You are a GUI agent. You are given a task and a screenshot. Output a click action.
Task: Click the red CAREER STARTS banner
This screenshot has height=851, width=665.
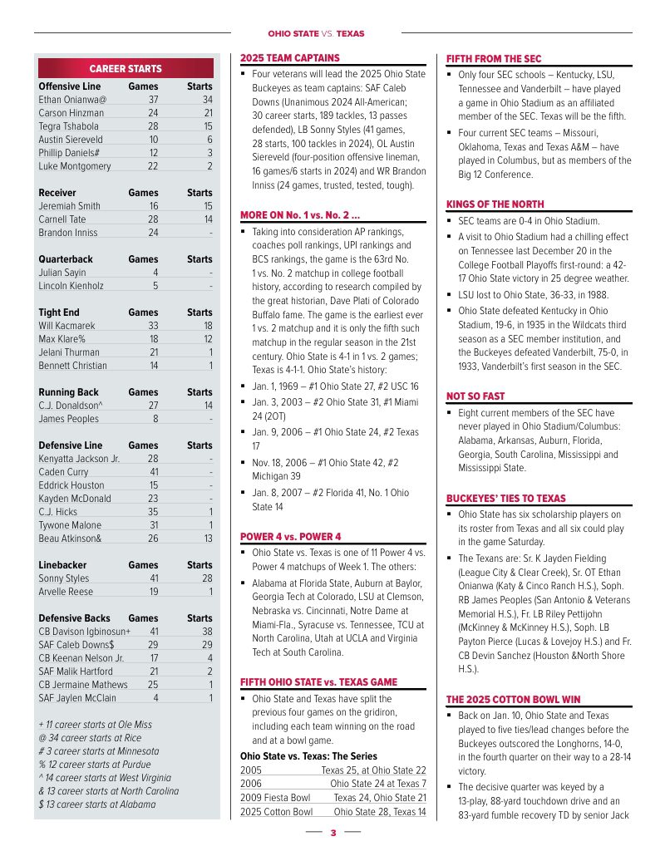(126, 68)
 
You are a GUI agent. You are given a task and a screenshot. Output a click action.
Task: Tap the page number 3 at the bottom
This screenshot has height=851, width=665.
(332, 832)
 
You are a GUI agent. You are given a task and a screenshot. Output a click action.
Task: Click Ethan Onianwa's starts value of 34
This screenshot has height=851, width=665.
(207, 100)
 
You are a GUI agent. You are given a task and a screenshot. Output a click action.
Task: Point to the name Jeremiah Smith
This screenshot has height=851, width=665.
(70, 206)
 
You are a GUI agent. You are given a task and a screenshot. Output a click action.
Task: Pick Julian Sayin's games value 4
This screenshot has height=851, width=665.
(155, 273)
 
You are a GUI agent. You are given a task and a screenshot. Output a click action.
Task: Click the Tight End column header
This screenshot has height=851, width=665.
(60, 312)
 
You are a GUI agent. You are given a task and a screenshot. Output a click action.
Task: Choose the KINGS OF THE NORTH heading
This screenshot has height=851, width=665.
(495, 204)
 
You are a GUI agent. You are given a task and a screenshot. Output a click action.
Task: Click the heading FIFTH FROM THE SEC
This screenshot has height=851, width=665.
(494, 59)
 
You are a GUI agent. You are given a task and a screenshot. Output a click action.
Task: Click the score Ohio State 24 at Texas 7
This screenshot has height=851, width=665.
(377, 784)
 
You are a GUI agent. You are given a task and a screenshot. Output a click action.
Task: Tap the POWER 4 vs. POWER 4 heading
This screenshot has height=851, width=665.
(291, 536)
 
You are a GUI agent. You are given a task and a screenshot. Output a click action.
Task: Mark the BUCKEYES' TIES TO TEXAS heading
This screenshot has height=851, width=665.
(506, 498)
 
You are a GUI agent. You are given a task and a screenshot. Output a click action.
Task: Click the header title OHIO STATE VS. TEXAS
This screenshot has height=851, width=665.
(316, 34)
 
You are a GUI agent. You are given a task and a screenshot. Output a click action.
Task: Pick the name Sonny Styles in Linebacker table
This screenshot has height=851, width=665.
(64, 578)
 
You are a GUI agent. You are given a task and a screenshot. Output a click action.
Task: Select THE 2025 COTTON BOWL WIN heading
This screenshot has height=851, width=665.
(513, 699)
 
